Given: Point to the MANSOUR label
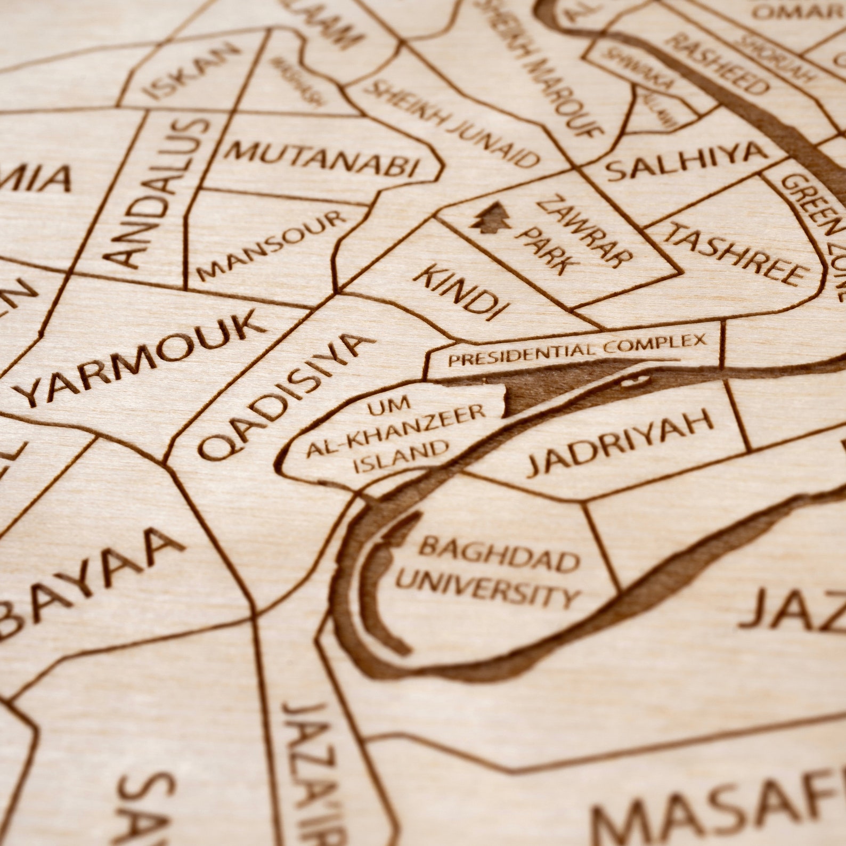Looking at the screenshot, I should [272, 246].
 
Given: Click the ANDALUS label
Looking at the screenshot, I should [157, 192].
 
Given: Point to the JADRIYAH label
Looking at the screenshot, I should [621, 442].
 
